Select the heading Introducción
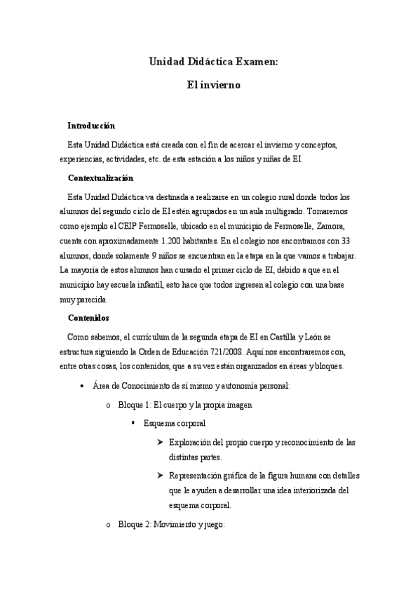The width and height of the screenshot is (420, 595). pos(90,126)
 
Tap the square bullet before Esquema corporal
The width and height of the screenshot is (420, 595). pos(133,424)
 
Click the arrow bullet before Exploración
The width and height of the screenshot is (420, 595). pos(161,443)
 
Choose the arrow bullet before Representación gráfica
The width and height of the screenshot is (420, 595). pos(161,476)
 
